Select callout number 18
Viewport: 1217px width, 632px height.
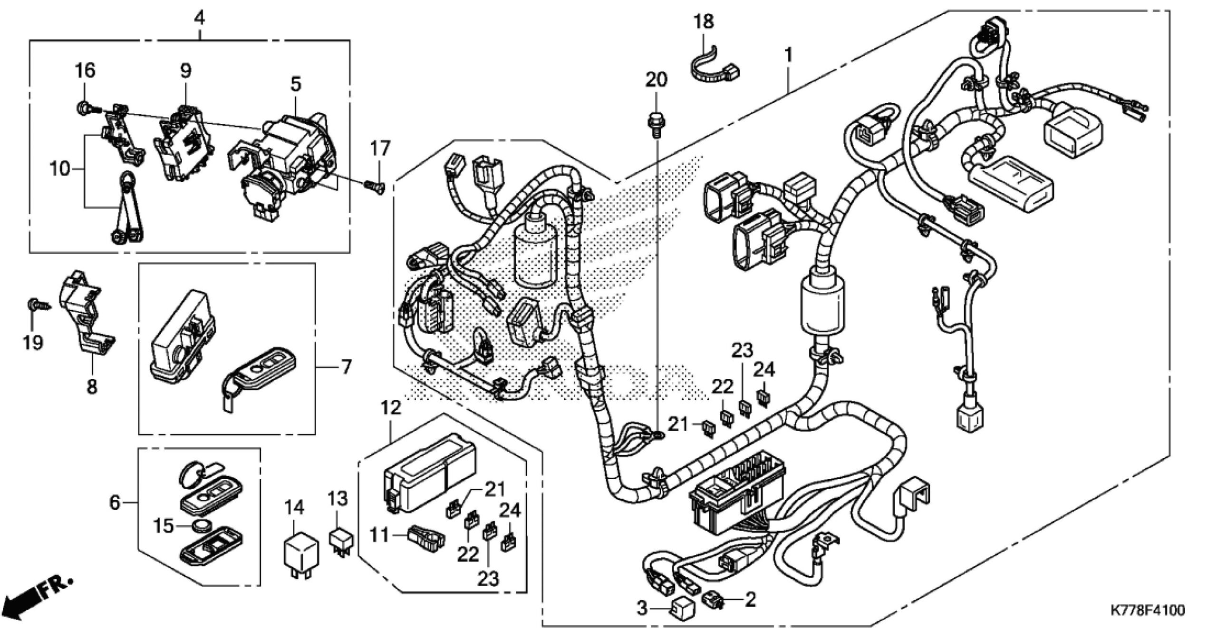pos(704,22)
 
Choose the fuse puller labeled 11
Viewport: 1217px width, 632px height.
pos(425,537)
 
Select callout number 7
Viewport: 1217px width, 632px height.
pos(347,366)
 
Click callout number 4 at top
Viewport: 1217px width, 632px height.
pos(200,19)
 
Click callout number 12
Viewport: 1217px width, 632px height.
pos(391,408)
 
